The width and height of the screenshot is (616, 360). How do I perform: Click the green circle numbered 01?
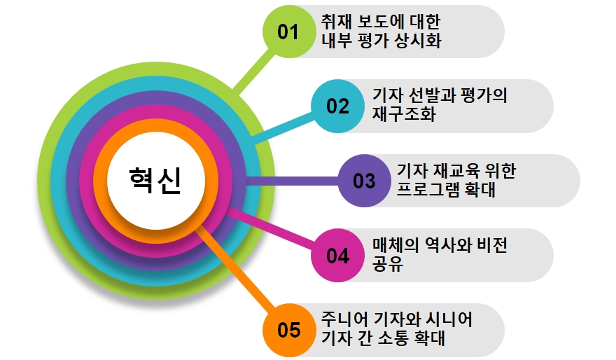[288, 32]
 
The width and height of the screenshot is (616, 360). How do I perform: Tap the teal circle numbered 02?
[337, 106]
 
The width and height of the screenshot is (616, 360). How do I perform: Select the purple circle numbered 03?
[364, 181]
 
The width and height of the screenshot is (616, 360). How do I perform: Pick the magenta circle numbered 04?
[337, 256]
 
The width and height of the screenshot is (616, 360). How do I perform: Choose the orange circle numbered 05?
[288, 330]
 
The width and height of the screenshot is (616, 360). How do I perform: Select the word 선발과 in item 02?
[435, 96]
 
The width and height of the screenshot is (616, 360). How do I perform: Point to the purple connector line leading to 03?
[294, 181]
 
